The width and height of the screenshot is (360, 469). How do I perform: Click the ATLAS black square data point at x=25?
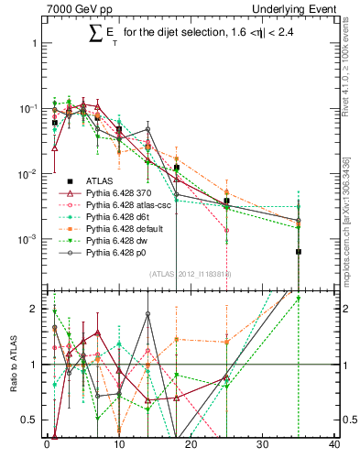(226, 201)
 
